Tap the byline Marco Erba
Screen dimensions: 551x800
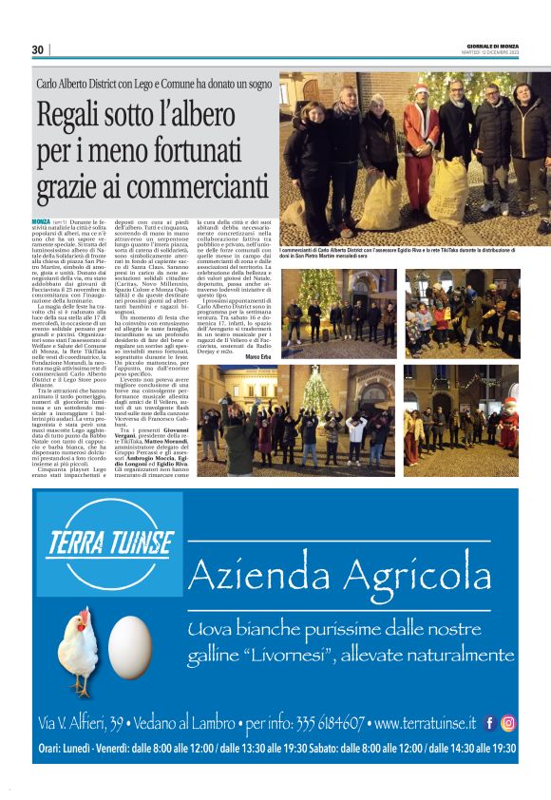coord(257,356)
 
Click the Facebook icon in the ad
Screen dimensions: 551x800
coord(488,723)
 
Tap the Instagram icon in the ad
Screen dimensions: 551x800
coord(509,723)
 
